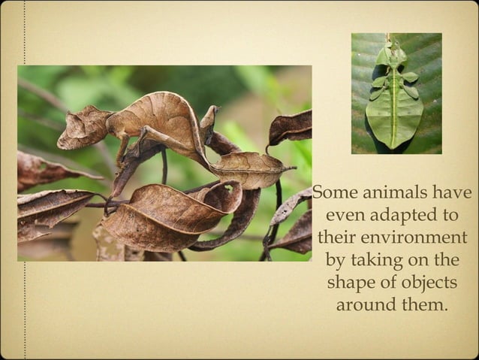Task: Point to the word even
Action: click(x=345, y=215)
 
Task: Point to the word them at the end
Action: click(x=426, y=306)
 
